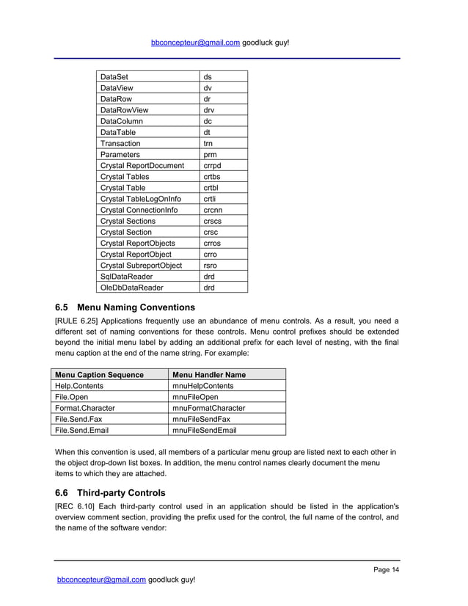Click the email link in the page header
pos(195,43)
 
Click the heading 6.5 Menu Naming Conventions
pos(125,307)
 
